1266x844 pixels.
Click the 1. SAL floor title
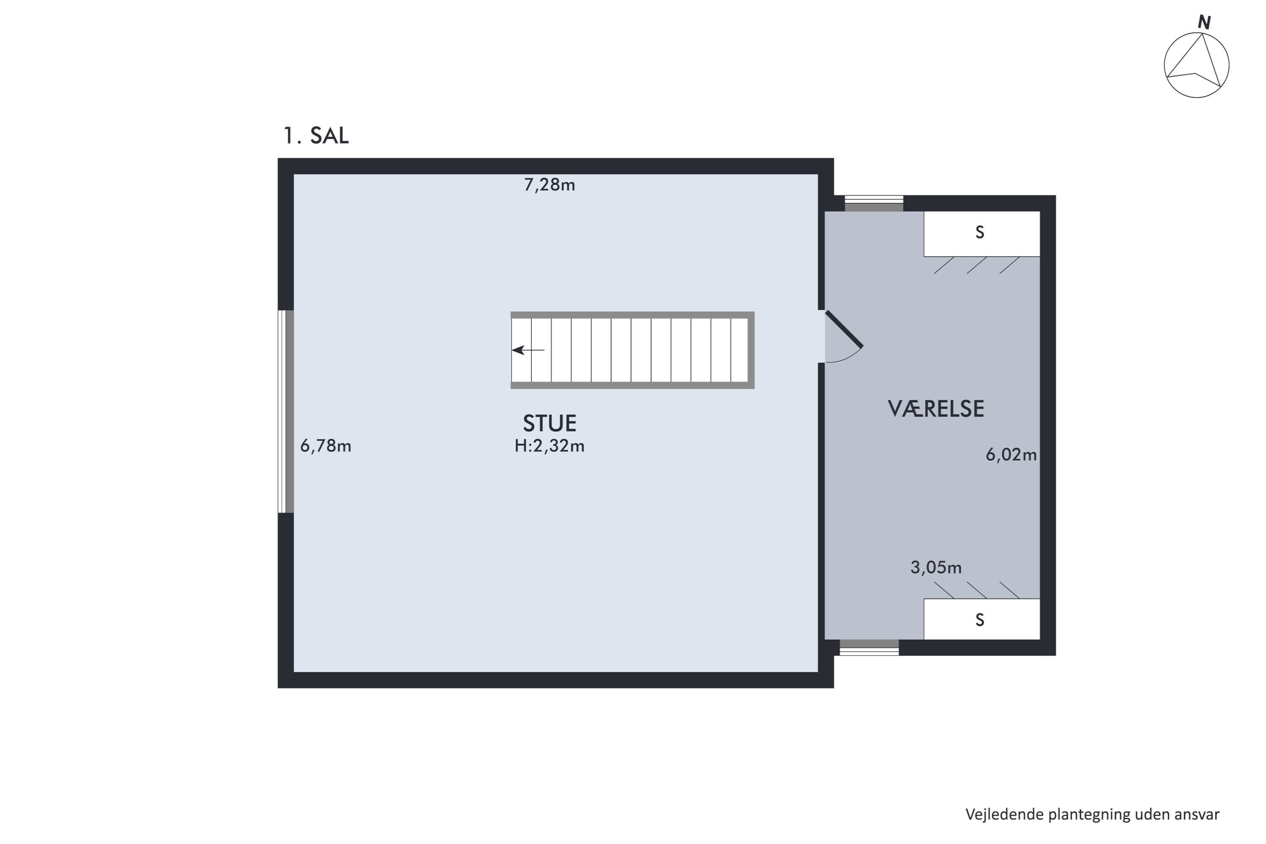pyautogui.click(x=316, y=135)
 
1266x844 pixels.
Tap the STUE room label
pyautogui.click(x=549, y=424)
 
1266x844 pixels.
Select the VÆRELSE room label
pyautogui.click(x=936, y=408)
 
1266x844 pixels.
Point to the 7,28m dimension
pyautogui.click(x=549, y=185)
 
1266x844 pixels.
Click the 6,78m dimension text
pyautogui.click(x=326, y=446)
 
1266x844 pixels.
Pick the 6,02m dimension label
pyautogui.click(x=1011, y=455)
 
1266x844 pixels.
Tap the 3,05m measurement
pyautogui.click(x=936, y=567)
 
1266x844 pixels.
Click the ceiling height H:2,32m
pyautogui.click(x=549, y=446)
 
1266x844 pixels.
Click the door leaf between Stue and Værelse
pyautogui.click(x=844, y=330)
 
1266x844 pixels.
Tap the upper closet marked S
pyautogui.click(x=982, y=234)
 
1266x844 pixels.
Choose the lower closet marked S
pyautogui.click(x=982, y=619)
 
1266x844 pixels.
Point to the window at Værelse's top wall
pyautogui.click(x=874, y=203)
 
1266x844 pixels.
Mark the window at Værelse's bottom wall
pyautogui.click(x=869, y=647)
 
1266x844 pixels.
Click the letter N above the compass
pyautogui.click(x=1204, y=23)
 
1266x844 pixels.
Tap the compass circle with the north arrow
pyautogui.click(x=1196, y=65)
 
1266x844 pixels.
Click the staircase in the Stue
pyautogui.click(x=633, y=350)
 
